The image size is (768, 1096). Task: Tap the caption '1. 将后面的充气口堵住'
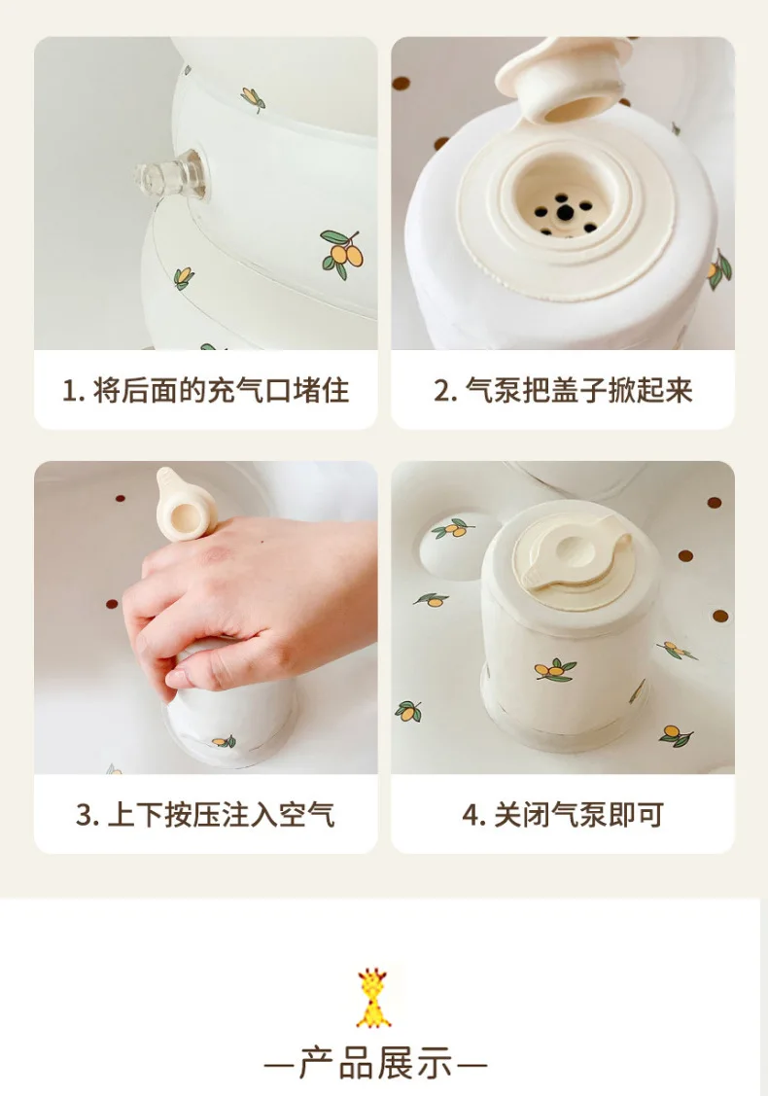click(205, 390)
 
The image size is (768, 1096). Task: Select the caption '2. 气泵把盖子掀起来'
click(563, 390)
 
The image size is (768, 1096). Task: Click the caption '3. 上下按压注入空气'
click(205, 814)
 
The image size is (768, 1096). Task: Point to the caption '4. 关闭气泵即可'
click(563, 814)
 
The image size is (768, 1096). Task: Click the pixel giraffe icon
click(374, 998)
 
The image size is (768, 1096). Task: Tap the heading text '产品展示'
click(375, 1064)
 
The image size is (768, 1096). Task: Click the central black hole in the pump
click(566, 212)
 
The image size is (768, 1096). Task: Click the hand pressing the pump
click(245, 601)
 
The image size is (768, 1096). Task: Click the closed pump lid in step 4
click(571, 558)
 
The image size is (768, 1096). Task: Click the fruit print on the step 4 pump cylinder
click(555, 670)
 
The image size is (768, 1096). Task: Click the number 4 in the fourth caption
click(470, 815)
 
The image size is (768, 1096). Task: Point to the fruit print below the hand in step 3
click(225, 741)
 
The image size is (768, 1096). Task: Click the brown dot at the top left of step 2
click(401, 84)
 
